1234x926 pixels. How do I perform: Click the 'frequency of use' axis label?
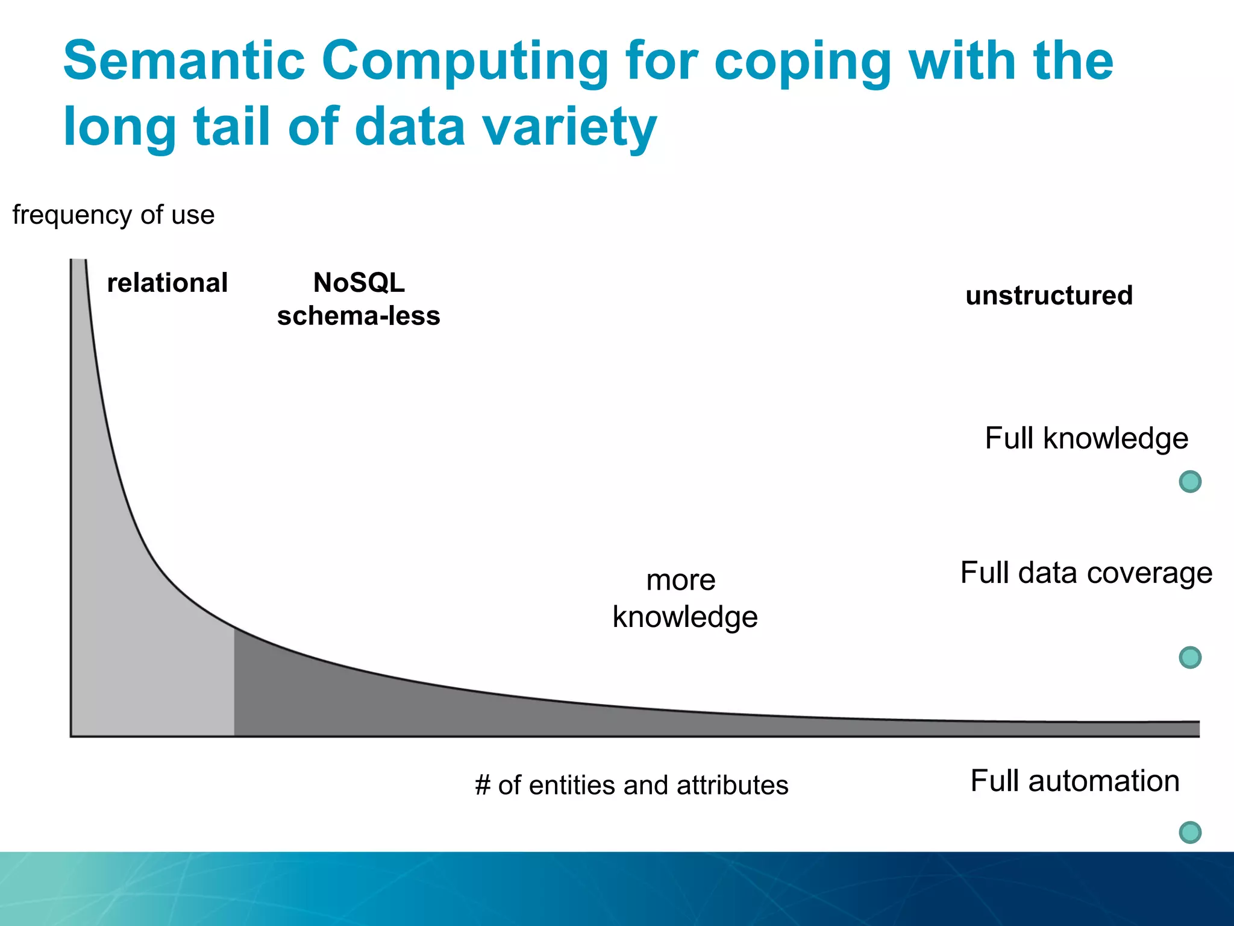coord(113,215)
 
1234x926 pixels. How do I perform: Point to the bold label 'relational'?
coord(167,283)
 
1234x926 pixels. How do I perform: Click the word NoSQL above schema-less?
coord(359,283)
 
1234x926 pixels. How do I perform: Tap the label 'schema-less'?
coord(359,316)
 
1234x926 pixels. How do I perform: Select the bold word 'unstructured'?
coord(1049,295)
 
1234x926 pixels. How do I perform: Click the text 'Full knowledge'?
coord(1086,438)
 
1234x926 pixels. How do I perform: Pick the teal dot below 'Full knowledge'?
coord(1190,482)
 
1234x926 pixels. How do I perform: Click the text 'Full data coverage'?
coord(1086,573)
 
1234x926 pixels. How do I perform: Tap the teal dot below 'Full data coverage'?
coord(1190,657)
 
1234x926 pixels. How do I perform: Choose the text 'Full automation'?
coord(1075,781)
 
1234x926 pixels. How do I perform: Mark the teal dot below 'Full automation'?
coord(1190,833)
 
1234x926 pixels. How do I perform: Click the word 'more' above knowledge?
coord(681,581)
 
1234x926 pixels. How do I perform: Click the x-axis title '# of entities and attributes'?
coord(631,786)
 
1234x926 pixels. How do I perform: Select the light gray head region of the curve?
coord(151,663)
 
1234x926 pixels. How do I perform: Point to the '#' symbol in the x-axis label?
coord(483,786)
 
